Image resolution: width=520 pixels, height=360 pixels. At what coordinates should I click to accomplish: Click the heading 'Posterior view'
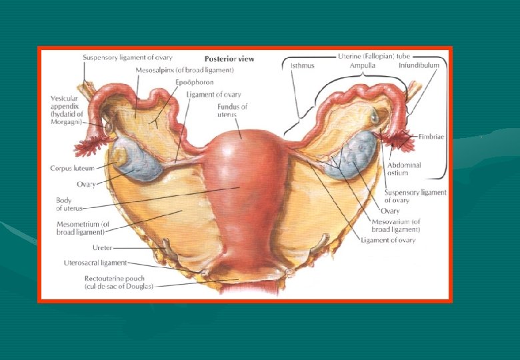[229, 59]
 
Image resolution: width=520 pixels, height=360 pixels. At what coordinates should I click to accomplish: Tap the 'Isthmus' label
[303, 66]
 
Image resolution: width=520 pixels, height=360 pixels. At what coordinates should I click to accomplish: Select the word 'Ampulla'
[362, 66]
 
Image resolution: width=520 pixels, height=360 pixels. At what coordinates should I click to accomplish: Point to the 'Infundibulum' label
[419, 66]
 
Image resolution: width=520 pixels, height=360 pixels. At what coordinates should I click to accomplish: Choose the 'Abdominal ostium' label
[405, 169]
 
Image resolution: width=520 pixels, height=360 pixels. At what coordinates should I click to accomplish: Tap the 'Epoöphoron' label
[190, 82]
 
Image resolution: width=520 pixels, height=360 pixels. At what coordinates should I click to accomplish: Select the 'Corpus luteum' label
[72, 168]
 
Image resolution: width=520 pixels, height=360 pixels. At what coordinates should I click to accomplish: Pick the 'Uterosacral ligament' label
[95, 263]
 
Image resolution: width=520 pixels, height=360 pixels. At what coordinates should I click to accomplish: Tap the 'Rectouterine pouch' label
[119, 281]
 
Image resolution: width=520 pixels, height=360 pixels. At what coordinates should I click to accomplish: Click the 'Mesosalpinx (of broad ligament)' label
[184, 70]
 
